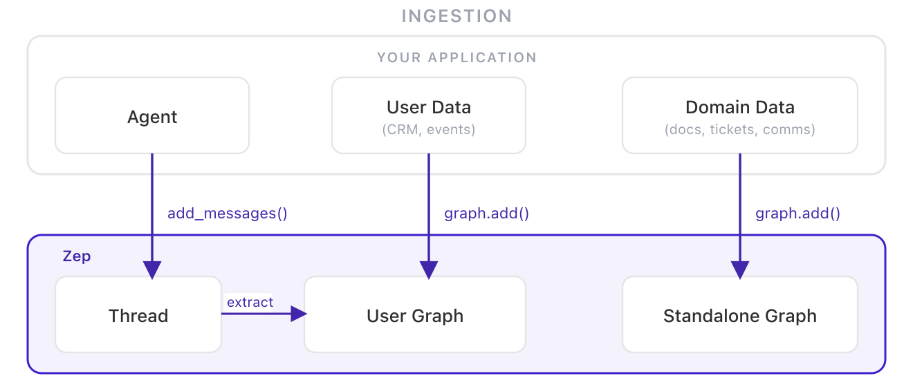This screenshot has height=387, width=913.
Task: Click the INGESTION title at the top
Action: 456,16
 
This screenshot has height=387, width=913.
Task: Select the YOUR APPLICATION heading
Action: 456,58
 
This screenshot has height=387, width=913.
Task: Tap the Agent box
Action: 152,116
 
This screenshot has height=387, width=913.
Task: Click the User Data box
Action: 429,115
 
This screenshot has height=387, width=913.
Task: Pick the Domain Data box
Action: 740,115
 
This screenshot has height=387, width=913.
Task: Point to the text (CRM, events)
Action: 429,129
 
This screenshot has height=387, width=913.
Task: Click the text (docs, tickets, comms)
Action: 740,129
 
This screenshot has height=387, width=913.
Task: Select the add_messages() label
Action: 227,214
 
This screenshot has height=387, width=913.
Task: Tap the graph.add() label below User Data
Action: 486,214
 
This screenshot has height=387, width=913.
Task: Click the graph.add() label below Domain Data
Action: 797,214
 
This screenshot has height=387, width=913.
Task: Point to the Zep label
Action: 77,256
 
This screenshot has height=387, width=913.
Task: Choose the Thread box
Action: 138,315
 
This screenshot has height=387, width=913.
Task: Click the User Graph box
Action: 415,315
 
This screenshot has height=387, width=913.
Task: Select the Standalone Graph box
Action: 740,315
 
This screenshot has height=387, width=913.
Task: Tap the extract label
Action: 250,302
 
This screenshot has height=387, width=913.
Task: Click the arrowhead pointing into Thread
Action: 152,270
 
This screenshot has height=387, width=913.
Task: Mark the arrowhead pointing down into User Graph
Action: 429,270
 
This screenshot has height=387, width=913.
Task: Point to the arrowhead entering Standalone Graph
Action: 740,270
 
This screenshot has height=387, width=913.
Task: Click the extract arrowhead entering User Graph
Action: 298,314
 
